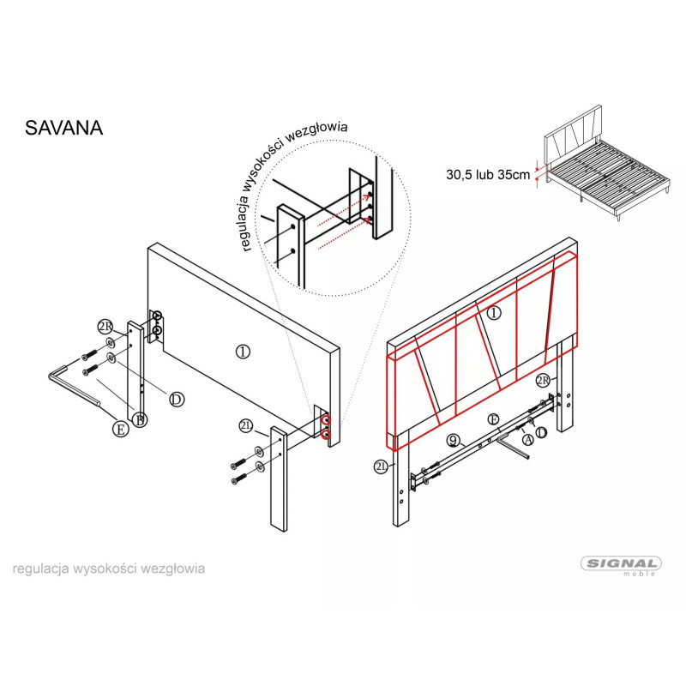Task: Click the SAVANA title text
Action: click(63, 128)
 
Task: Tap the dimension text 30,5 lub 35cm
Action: click(488, 175)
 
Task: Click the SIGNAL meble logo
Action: click(621, 567)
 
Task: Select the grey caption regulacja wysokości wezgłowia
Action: click(109, 569)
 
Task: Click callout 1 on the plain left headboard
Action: click(243, 352)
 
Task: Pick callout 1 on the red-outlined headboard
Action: click(494, 313)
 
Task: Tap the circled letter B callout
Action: click(140, 420)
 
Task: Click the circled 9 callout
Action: click(454, 441)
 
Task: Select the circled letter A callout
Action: click(528, 439)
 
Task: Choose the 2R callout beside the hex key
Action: click(105, 327)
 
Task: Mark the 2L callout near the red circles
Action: click(246, 425)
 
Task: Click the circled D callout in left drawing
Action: click(177, 399)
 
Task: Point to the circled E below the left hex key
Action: click(120, 429)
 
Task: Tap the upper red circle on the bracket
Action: click(326, 420)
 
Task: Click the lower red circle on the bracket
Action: click(326, 435)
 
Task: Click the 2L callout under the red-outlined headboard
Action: click(381, 466)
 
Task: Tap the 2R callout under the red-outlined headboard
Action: click(544, 380)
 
